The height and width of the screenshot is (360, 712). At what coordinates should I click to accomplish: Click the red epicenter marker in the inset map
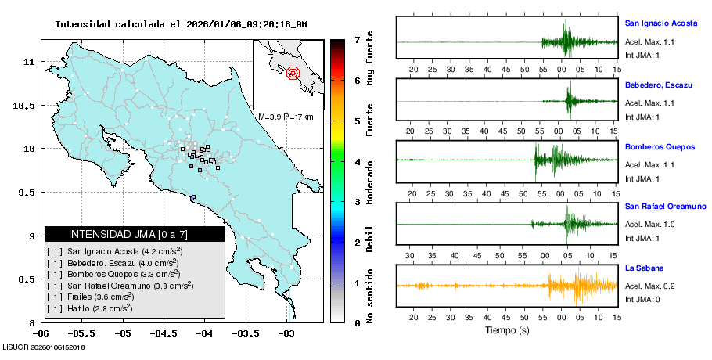click(x=293, y=74)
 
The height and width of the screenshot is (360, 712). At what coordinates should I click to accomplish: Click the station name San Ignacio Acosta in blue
click(x=661, y=23)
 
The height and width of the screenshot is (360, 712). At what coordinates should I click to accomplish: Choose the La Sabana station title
click(x=644, y=268)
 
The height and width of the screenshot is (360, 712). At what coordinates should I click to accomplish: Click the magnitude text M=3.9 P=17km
click(x=286, y=117)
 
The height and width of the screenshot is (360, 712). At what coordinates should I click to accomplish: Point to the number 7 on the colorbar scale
click(x=356, y=39)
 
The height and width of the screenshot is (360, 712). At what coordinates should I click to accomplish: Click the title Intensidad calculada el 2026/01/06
click(x=181, y=23)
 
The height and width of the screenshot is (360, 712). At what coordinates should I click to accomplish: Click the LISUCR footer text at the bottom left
click(x=44, y=347)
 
